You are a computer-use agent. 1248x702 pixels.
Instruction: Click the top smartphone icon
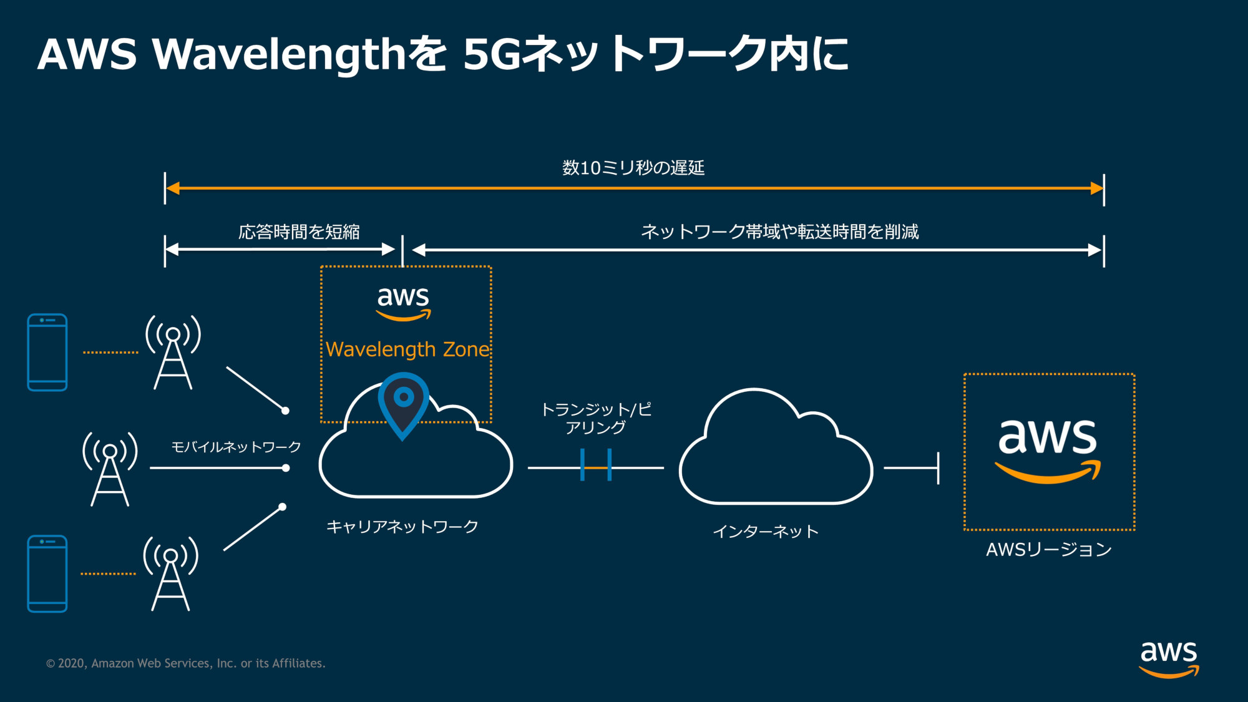[47, 353]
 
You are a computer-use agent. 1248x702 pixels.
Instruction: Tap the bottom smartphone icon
[47, 573]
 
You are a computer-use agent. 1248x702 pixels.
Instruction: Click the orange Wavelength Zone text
[407, 349]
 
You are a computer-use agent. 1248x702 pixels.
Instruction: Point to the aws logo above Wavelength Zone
[403, 303]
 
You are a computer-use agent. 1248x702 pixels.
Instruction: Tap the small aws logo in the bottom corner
[1169, 658]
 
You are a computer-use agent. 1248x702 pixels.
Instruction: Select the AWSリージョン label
[1048, 550]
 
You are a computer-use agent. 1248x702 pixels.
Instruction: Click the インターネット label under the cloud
[766, 532]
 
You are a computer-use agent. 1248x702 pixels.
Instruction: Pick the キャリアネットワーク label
[402, 527]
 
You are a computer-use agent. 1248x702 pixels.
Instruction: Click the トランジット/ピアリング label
[596, 418]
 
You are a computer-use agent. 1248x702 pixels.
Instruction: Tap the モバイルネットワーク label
[236, 447]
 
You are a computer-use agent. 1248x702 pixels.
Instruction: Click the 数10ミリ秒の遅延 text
[633, 168]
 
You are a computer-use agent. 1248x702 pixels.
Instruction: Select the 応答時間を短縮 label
[299, 232]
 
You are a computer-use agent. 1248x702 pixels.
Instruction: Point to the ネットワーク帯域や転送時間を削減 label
[779, 232]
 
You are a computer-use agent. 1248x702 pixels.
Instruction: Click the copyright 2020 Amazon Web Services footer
[186, 663]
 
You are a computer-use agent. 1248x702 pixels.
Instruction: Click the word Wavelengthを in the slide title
[300, 54]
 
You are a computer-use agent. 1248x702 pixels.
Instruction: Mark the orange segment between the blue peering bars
[596, 467]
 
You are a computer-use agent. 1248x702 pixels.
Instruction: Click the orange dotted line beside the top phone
[110, 353]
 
